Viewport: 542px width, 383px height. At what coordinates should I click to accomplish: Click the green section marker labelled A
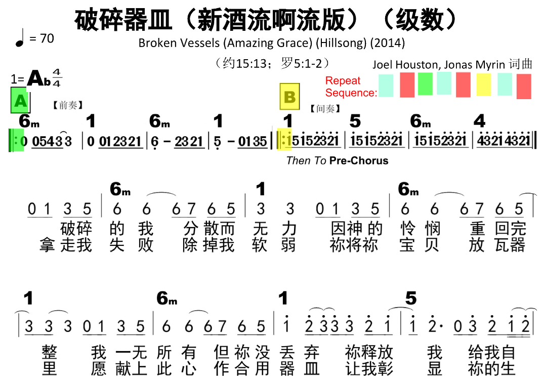[20, 101]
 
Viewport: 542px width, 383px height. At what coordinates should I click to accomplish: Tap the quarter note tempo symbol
[20, 39]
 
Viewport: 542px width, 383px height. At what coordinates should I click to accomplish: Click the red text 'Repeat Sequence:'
[350, 87]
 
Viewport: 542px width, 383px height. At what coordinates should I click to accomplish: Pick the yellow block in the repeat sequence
[484, 84]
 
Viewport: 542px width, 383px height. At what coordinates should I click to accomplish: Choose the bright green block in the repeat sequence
[425, 84]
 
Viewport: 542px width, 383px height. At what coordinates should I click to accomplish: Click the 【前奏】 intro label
[67, 105]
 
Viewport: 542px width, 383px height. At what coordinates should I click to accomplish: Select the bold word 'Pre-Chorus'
[359, 161]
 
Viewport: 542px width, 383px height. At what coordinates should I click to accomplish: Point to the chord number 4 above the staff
[479, 121]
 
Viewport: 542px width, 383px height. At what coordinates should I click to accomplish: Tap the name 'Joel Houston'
[404, 64]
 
